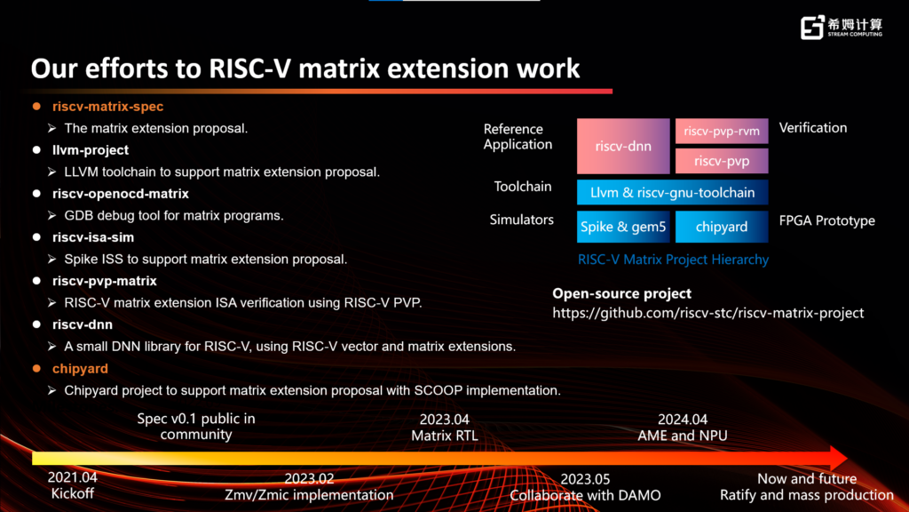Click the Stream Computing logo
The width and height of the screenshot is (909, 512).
coord(841,28)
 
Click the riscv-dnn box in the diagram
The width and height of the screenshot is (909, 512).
coord(623,146)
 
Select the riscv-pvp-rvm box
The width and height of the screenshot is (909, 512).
coord(721,131)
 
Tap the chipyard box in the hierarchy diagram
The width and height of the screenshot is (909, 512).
coord(721,227)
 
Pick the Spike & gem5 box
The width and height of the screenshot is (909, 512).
coord(623,227)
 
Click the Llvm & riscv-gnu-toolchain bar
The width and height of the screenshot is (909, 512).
coord(672,192)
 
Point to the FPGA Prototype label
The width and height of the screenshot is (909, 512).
coord(827,220)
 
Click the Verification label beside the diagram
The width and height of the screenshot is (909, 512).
coord(813,127)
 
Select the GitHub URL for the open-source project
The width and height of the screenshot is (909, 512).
coord(708,313)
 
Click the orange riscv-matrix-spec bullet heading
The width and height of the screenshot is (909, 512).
coord(107,107)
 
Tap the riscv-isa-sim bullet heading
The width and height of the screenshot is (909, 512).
coord(92,237)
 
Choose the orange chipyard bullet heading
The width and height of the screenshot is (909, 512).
coord(80,368)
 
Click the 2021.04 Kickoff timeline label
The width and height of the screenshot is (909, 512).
coord(73,485)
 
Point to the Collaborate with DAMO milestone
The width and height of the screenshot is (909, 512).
coord(584,495)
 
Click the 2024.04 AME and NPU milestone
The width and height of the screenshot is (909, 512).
coord(683,428)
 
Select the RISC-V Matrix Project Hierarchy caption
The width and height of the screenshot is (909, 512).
coord(673,260)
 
